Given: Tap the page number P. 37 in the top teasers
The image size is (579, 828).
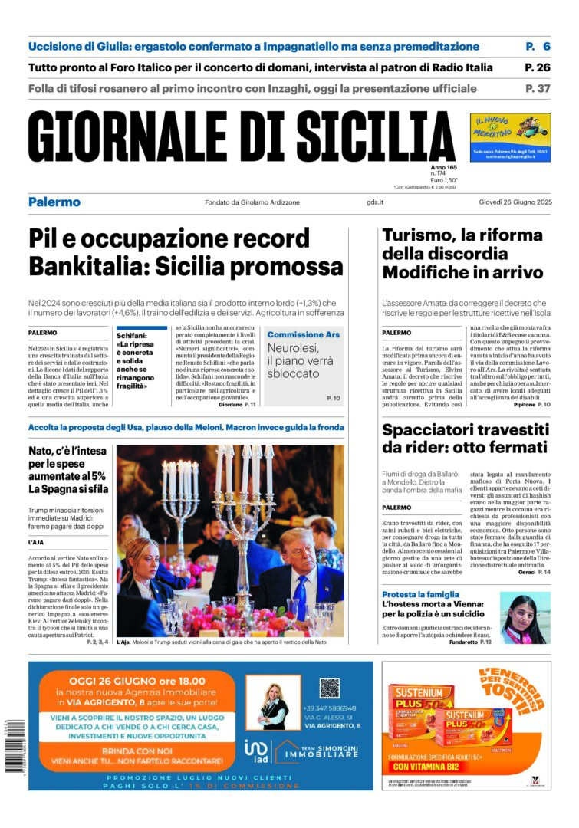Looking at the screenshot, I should pos(538,88).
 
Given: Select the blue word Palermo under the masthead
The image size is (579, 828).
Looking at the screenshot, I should pos(54,202).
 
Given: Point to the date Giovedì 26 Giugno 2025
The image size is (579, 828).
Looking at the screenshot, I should pos(511,202).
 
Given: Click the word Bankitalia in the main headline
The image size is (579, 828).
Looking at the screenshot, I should pos(85,267).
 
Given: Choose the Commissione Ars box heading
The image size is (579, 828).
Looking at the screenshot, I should pos(304,335).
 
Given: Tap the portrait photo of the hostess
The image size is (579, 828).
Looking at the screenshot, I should pos(525,619).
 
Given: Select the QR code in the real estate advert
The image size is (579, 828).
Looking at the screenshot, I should pos(329,687).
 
